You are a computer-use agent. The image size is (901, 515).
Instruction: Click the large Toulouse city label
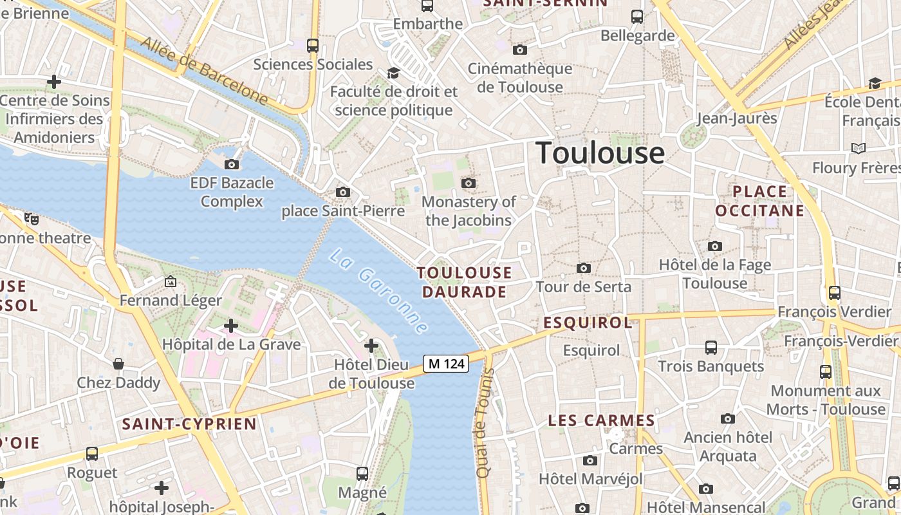coord(600,153)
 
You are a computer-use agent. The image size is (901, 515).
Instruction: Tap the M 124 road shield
coord(446,364)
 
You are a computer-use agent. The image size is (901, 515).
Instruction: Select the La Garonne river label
coord(378,292)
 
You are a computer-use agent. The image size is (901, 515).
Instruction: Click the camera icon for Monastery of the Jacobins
coord(469,183)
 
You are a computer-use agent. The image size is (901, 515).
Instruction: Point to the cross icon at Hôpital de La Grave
coord(231,326)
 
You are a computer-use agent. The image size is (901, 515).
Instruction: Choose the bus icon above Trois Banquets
coord(711,348)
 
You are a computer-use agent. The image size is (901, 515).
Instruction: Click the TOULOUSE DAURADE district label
coord(464,282)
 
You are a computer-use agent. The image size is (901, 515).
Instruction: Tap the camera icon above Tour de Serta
coord(584,268)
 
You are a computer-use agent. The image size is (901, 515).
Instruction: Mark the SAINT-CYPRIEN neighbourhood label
coord(189,424)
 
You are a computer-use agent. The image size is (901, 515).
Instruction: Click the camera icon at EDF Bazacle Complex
coord(232,164)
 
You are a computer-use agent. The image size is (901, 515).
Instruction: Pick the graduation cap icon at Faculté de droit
coord(393,73)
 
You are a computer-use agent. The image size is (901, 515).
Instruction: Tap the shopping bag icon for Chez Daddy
coord(118,364)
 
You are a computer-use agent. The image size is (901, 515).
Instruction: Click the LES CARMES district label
coord(601,421)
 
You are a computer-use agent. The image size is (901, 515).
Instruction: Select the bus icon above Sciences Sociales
coord(313,46)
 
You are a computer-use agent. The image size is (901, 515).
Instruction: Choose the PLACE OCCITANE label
coord(759,201)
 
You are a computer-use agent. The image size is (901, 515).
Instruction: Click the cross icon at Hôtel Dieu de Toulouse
coord(371,346)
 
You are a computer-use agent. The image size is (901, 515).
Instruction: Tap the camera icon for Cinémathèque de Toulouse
coord(519,50)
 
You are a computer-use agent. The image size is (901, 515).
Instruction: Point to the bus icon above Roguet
coord(92,454)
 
